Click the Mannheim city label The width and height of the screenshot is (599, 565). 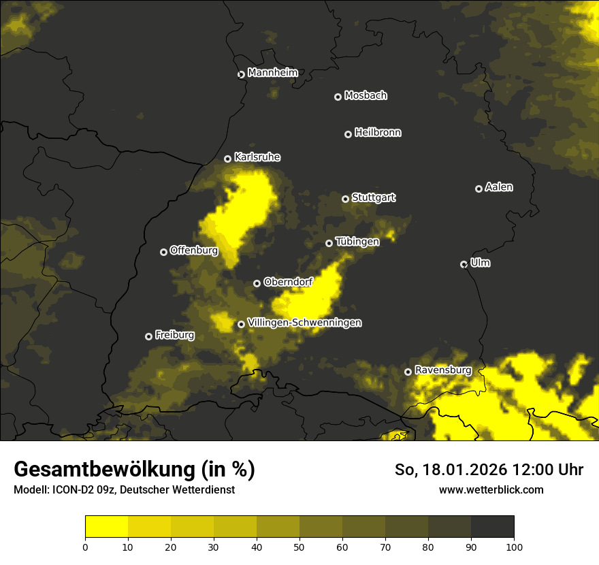click(x=272, y=73)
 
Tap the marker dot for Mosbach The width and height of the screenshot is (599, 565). click(x=338, y=97)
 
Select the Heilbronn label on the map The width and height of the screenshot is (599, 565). click(x=378, y=133)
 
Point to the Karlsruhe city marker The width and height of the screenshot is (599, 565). click(x=228, y=159)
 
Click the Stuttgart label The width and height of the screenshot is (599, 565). click(x=373, y=197)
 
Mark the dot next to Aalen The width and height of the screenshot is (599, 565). click(x=479, y=189)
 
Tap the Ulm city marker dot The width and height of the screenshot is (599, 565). click(x=464, y=264)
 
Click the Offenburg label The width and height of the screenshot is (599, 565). click(x=194, y=251)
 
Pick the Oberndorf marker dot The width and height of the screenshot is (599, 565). click(x=257, y=283)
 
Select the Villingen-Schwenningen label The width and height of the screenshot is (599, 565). click(x=304, y=323)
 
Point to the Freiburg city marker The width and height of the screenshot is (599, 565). click(x=149, y=336)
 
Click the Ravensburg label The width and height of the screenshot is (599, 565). click(x=443, y=370)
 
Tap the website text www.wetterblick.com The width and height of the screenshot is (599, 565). click(x=491, y=489)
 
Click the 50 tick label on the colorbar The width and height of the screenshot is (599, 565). click(x=299, y=546)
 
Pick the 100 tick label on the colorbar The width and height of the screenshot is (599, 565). click(x=514, y=546)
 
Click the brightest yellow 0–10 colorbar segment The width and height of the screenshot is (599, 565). click(x=107, y=527)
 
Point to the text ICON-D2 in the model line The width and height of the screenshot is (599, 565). click(x=71, y=489)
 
